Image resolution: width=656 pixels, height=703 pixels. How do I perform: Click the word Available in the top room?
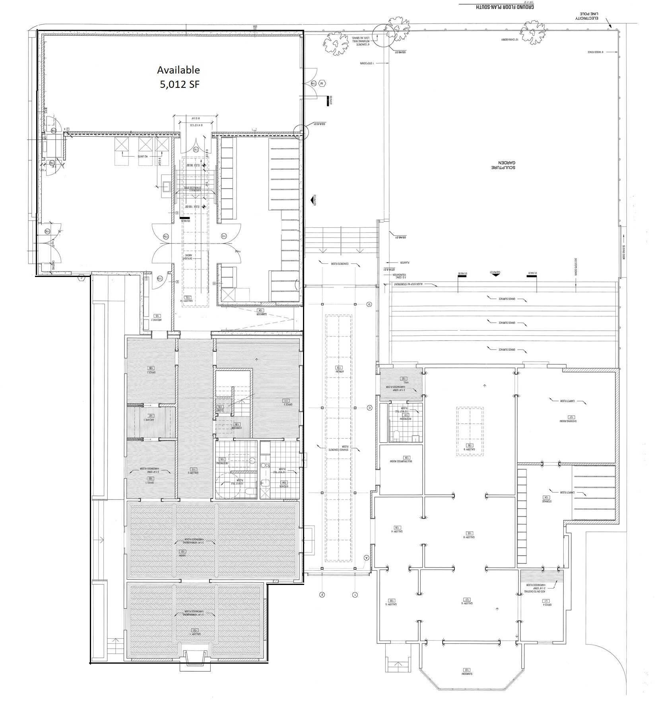click(178, 70)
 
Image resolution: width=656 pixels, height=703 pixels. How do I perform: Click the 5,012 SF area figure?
click(178, 85)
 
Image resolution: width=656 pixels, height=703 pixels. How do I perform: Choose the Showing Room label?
click(572, 420)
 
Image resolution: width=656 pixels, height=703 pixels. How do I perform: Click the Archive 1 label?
click(150, 419)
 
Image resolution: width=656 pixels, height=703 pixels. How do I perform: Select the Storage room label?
click(546, 500)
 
